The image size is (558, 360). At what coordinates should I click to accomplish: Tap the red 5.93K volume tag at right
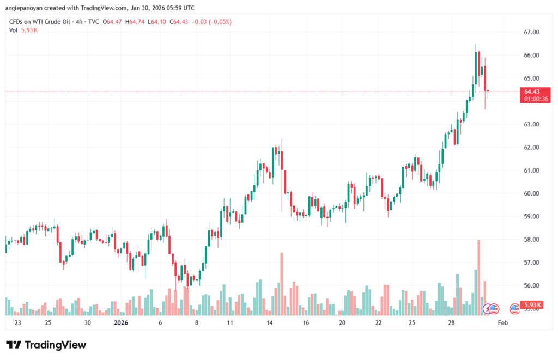pyautogui.click(x=531, y=304)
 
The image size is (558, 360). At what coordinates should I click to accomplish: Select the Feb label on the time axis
pyautogui.click(x=503, y=323)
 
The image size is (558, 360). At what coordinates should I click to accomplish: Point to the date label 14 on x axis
pyautogui.click(x=269, y=323)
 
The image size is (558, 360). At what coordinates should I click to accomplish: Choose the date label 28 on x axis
pyautogui.click(x=452, y=323)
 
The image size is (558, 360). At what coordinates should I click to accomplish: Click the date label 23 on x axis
pyautogui.click(x=18, y=323)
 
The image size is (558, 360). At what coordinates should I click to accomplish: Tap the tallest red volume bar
pyautogui.click(x=479, y=277)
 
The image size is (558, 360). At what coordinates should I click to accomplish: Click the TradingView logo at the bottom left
pyautogui.click(x=46, y=345)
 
